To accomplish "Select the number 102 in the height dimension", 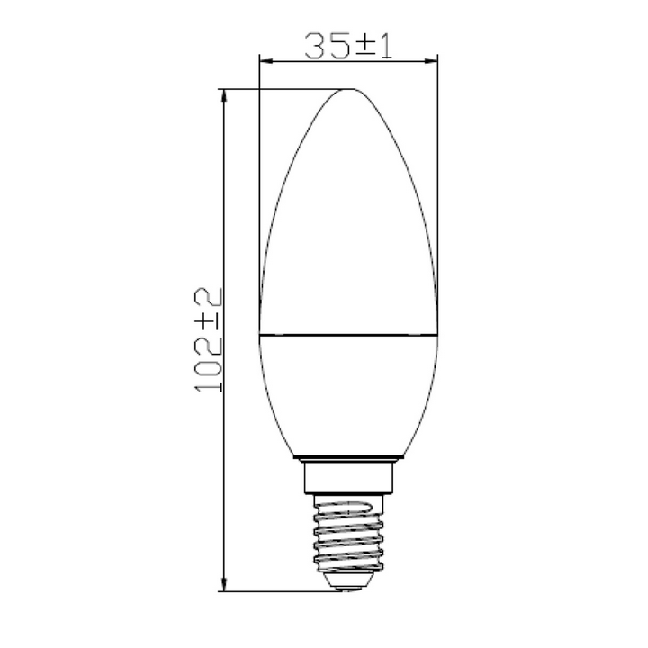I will (x=209, y=364).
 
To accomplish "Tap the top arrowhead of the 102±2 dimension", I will (x=224, y=95).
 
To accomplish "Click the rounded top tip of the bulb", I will (x=347, y=91).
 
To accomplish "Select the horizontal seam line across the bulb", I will (x=347, y=333).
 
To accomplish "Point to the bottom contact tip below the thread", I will (x=347, y=584).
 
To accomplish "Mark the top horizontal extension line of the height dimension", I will (x=279, y=89).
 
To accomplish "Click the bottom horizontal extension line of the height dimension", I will (x=279, y=591).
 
